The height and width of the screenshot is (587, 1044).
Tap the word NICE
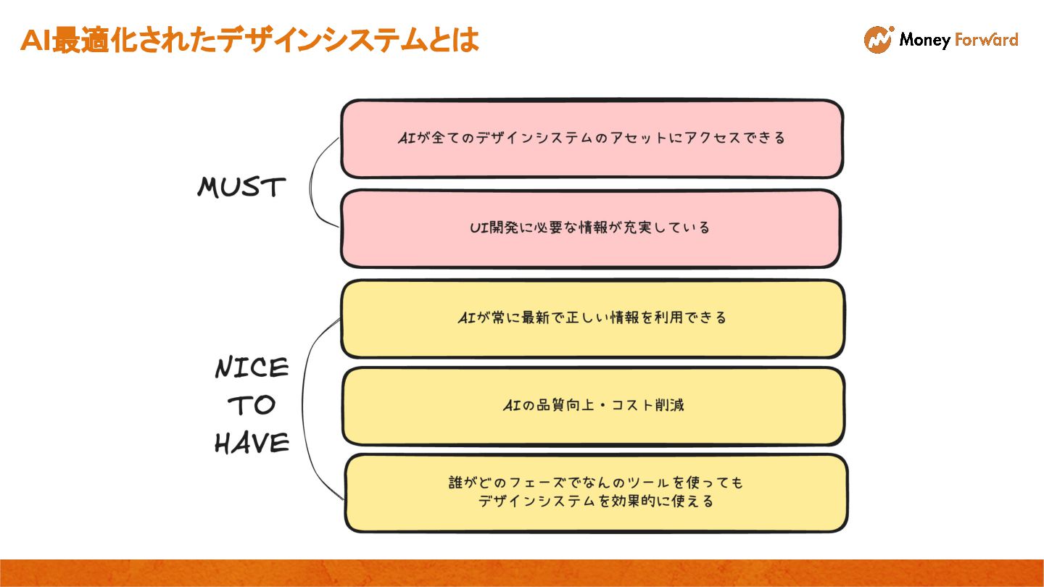(x=252, y=369)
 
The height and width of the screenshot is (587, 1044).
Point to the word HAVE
(x=252, y=443)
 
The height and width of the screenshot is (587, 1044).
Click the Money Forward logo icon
(x=878, y=40)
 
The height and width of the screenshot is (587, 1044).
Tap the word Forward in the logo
(x=986, y=40)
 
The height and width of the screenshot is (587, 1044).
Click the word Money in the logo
(x=924, y=41)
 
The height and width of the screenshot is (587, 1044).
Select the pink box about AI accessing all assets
(x=592, y=138)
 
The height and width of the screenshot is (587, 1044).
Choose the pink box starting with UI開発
(x=590, y=228)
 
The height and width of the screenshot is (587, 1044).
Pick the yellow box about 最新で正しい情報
(x=592, y=318)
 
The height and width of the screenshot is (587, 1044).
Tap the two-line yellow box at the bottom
(x=596, y=492)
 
